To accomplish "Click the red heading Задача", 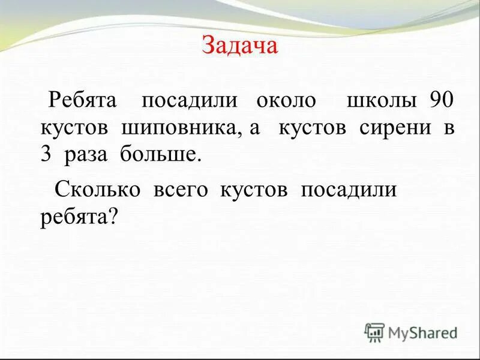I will (240, 46).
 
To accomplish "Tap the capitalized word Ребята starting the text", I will (86, 100).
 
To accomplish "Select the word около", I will (286, 100).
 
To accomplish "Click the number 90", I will (443, 100).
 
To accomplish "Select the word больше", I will (158, 155).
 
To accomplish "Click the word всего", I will (180, 190).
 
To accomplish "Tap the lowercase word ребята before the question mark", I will (73, 218).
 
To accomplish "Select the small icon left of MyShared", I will (374, 332).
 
